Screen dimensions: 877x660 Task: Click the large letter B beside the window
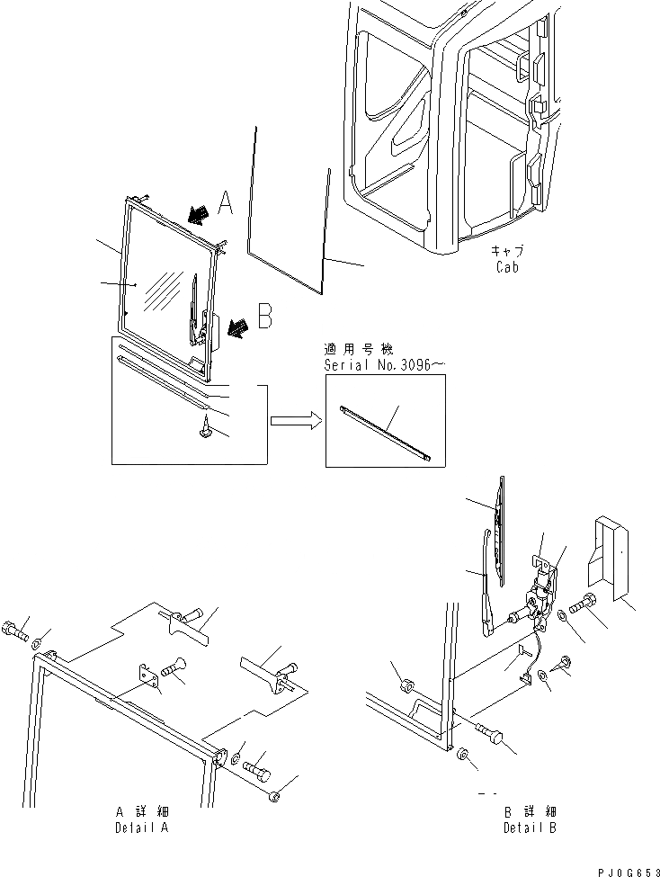[264, 317]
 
